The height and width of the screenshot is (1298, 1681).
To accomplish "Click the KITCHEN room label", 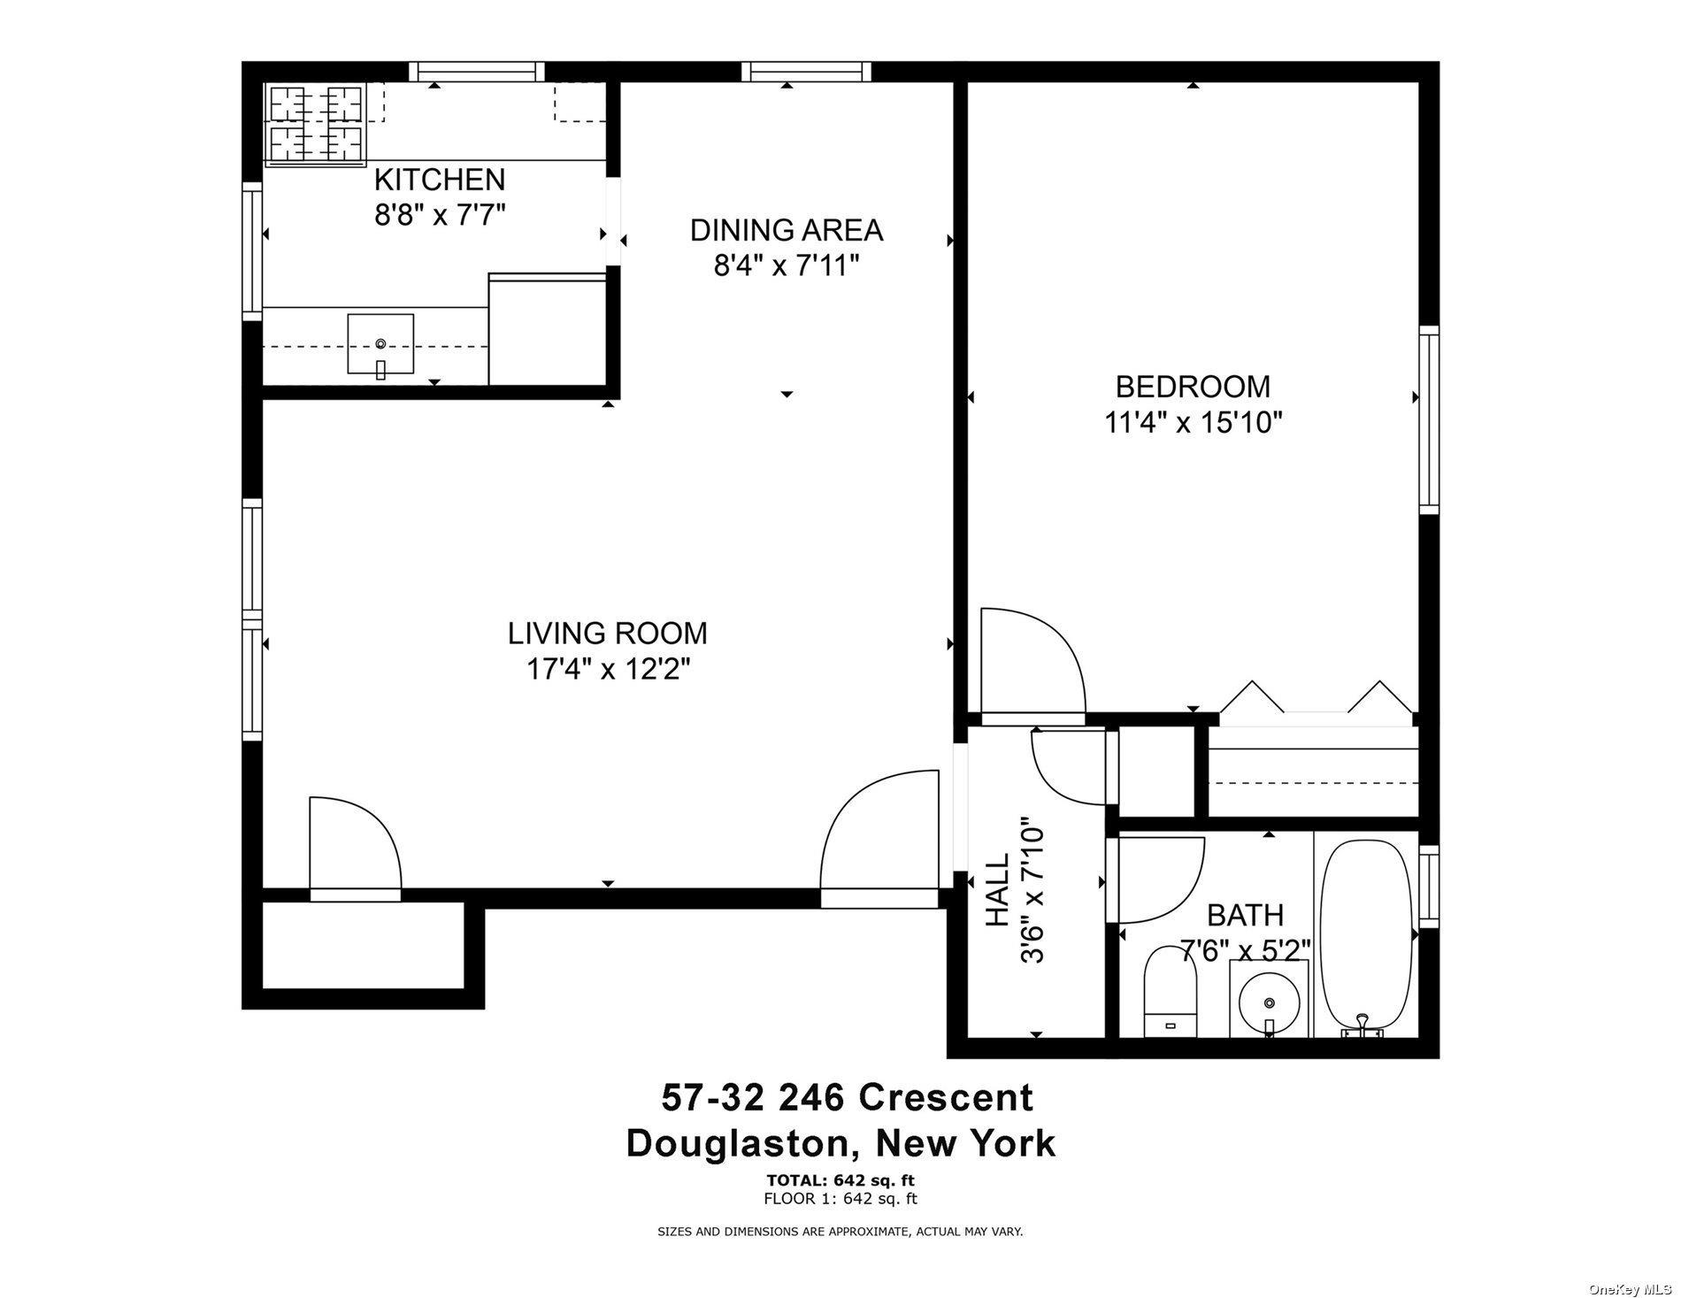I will pyautogui.click(x=440, y=180).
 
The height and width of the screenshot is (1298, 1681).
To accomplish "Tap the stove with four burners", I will pyautogui.click(x=316, y=125).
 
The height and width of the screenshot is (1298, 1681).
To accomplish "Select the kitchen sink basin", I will pyautogui.click(x=380, y=343).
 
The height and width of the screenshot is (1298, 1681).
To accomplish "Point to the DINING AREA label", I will pyautogui.click(x=787, y=230).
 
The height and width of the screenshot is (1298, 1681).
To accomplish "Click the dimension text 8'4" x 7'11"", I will pyautogui.click(x=787, y=265).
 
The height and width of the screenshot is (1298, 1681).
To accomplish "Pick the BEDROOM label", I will pyautogui.click(x=1193, y=387).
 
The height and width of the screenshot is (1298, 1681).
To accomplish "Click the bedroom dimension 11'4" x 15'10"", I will pyautogui.click(x=1193, y=423).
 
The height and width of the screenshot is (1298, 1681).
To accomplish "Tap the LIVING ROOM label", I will pyautogui.click(x=608, y=634).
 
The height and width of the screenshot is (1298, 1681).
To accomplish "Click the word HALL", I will pyautogui.click(x=997, y=889).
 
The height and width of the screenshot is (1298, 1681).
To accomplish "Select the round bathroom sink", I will pyautogui.click(x=1270, y=1002).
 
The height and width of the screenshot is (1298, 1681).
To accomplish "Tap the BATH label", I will pyautogui.click(x=1246, y=914).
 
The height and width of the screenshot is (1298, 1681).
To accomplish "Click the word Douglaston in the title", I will pyautogui.click(x=737, y=1143).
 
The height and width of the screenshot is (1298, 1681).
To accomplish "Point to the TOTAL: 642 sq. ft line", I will pyautogui.click(x=840, y=1179).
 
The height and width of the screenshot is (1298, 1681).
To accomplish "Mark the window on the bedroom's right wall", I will pyautogui.click(x=1429, y=420).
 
